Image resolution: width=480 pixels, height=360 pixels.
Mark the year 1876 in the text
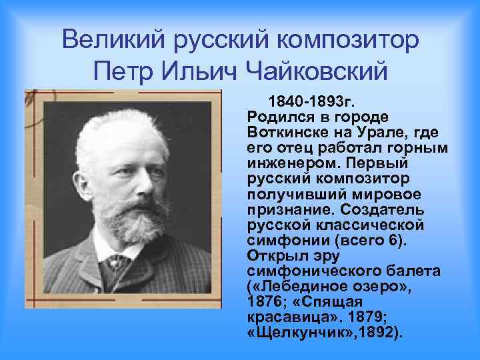point(262,301)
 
